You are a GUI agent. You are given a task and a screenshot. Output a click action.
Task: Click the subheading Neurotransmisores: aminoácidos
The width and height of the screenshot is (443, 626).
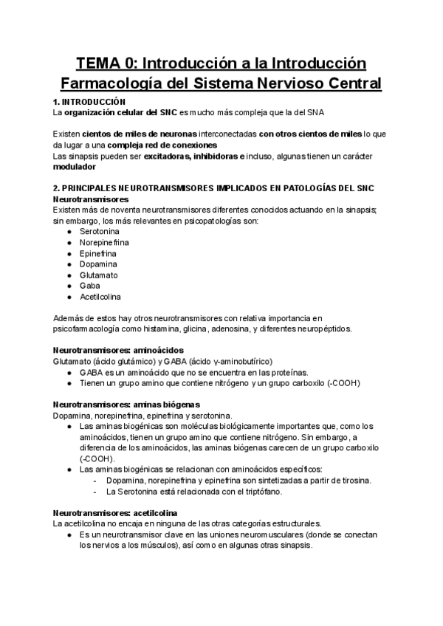point(119,350)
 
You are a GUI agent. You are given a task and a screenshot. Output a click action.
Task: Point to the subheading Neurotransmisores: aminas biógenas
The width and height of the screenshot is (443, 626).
point(126,405)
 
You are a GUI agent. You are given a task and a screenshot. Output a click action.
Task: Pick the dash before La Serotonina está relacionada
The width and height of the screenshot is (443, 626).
point(96,491)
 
